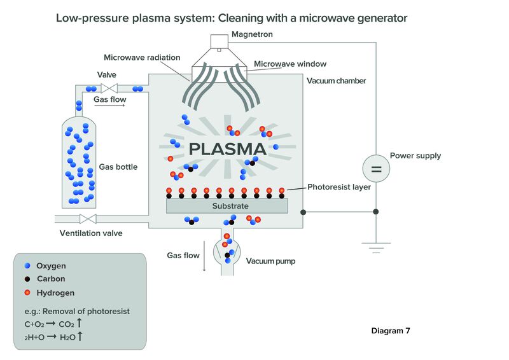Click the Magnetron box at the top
pyautogui.click(x=220, y=41)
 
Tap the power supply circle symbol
pyautogui.click(x=376, y=169)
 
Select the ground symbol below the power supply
pyautogui.click(x=376, y=247)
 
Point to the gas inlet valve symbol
pyautogui.click(x=109, y=88)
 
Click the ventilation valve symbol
pyautogui.click(x=88, y=219)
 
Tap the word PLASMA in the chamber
pyautogui.click(x=228, y=149)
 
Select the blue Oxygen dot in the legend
pyautogui.click(x=27, y=265)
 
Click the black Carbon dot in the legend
pyautogui.click(x=27, y=279)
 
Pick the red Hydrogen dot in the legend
pyautogui.click(x=27, y=293)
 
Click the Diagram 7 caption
pyautogui.click(x=391, y=331)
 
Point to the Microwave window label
pyautogui.click(x=290, y=64)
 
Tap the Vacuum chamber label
pyautogui.click(x=337, y=81)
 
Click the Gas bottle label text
pyautogui.click(x=118, y=167)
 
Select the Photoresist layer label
pyautogui.click(x=339, y=187)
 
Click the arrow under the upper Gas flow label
pyautogui.click(x=109, y=105)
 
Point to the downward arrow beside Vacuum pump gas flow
pyautogui.click(x=204, y=256)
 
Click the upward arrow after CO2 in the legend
pyautogui.click(x=79, y=323)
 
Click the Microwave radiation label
pyautogui.click(x=142, y=57)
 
